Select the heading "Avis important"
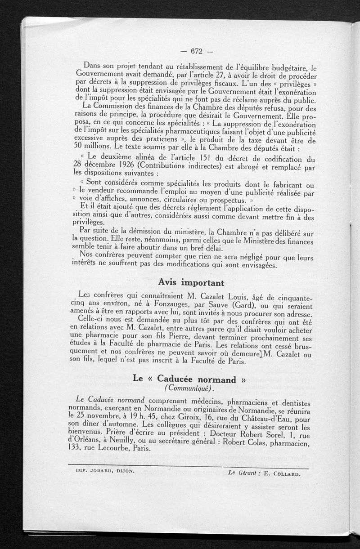(x=191, y=283)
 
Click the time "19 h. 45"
(x=136, y=416)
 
